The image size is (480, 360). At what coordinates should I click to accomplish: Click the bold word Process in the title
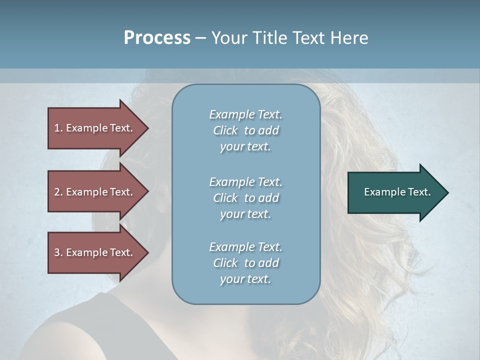click(157, 38)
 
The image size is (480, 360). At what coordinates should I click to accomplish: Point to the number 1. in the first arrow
click(58, 128)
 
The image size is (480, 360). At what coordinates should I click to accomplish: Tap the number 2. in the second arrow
click(58, 192)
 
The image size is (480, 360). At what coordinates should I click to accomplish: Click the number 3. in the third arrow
click(58, 252)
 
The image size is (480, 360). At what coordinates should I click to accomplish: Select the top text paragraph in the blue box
click(245, 130)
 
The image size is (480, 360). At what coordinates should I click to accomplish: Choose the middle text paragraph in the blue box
click(245, 198)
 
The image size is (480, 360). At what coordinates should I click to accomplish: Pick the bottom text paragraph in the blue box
click(245, 263)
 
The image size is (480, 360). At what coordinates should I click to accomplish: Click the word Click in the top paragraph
click(225, 131)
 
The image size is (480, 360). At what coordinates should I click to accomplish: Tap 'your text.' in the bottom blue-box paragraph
click(245, 279)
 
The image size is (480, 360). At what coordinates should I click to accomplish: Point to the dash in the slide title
click(200, 38)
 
